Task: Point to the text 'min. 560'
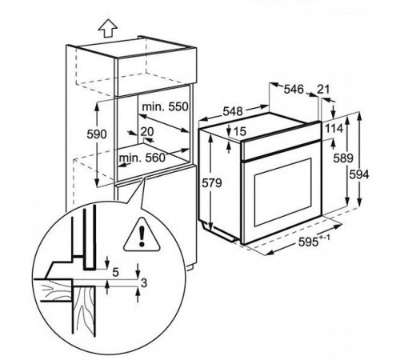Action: point(142,158)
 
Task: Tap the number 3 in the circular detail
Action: point(143,282)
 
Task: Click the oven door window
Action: point(282,191)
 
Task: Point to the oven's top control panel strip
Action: point(280,142)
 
